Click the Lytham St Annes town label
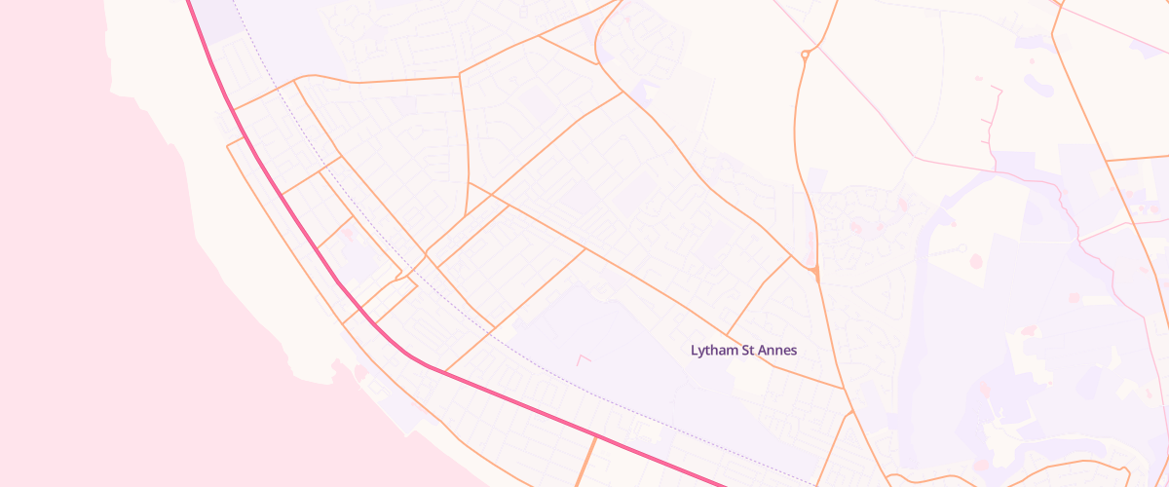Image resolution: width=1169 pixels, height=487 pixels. (x=744, y=350)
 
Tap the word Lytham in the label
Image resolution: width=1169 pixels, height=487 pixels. (x=714, y=350)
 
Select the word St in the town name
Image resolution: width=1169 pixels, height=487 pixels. (x=748, y=350)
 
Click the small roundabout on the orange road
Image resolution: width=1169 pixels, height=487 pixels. (x=805, y=56)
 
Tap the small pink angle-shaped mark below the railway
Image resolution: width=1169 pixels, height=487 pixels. (x=584, y=359)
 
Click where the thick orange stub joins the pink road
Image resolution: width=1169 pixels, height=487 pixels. (x=594, y=437)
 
